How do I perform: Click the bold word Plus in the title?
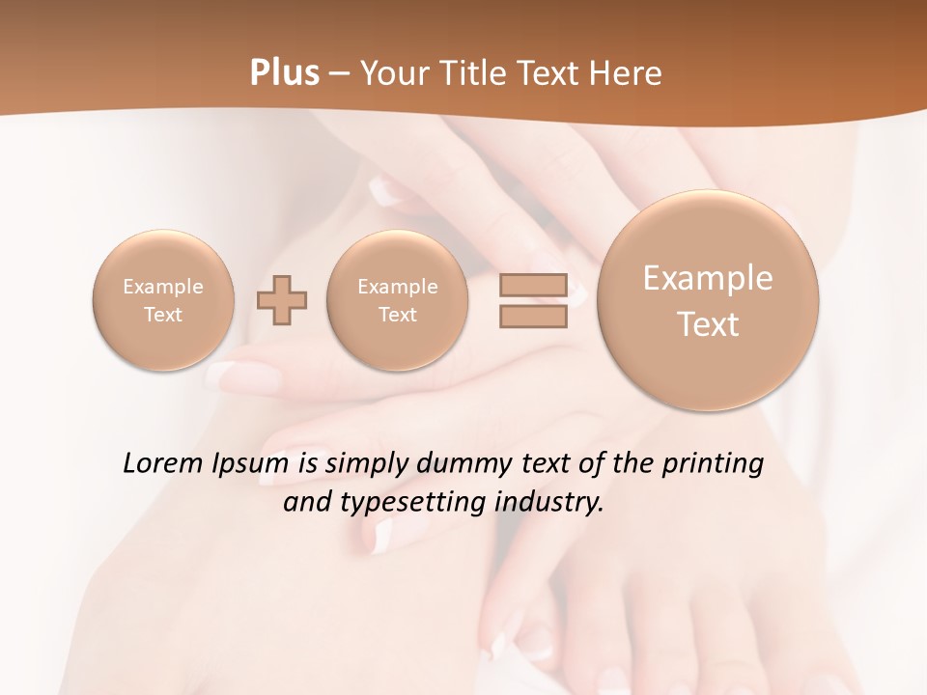tap(284, 73)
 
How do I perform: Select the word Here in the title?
tap(627, 73)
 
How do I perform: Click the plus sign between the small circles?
tap(282, 300)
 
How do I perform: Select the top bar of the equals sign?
tap(533, 285)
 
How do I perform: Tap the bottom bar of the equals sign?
tap(533, 317)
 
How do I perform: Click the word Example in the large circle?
tap(708, 278)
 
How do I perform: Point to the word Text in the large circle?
tap(708, 324)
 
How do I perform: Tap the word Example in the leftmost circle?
tap(163, 287)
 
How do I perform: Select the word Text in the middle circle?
tap(398, 315)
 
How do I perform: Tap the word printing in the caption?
tap(713, 464)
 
